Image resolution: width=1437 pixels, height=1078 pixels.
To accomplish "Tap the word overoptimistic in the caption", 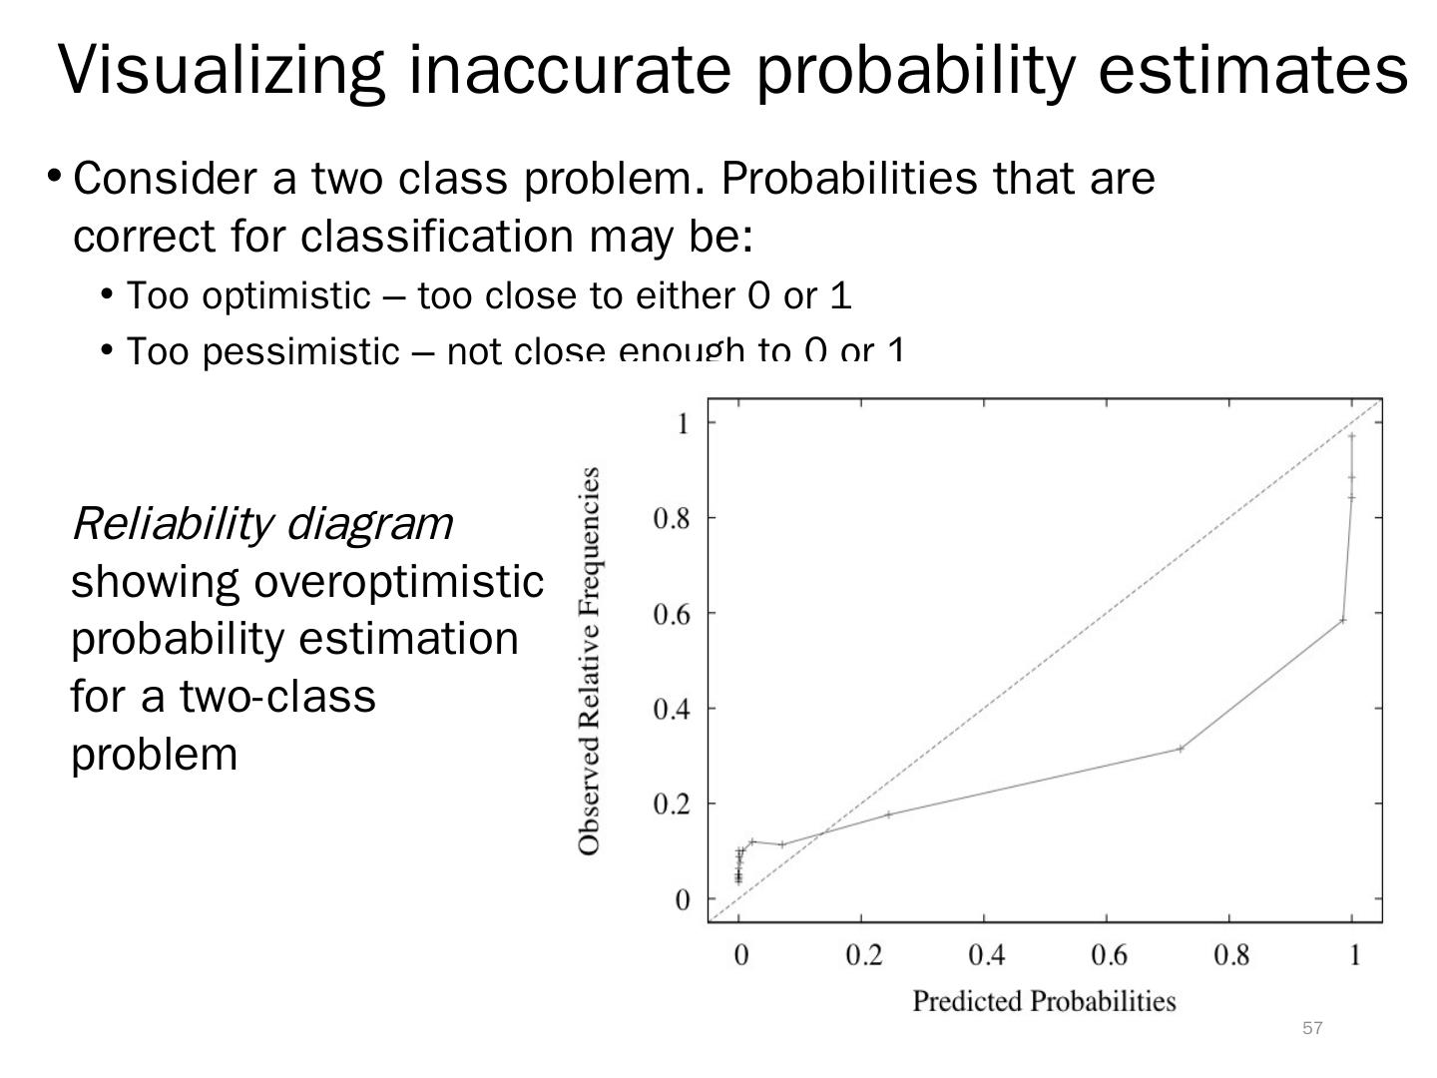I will pyautogui.click(x=398, y=581).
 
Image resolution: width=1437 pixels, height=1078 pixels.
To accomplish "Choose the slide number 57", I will pyautogui.click(x=1312, y=1028).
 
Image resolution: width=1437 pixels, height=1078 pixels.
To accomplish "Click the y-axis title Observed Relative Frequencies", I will pyautogui.click(x=590, y=660).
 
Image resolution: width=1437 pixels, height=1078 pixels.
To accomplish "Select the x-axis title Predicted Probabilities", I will pyautogui.click(x=1044, y=1000).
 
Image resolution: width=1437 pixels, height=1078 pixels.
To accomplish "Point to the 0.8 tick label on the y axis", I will pyautogui.click(x=672, y=518).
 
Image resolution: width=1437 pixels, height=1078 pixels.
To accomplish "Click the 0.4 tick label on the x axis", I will pyautogui.click(x=986, y=955).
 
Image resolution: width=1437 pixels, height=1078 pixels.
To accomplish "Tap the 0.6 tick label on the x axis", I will pyautogui.click(x=1109, y=955).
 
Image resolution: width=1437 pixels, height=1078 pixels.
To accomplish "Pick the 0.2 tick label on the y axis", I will pyautogui.click(x=672, y=804).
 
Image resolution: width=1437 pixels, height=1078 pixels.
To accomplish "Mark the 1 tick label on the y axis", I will pyautogui.click(x=683, y=423).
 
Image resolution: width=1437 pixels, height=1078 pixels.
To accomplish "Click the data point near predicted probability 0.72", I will pyautogui.click(x=1181, y=748).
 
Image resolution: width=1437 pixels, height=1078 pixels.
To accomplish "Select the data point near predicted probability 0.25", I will pyautogui.click(x=888, y=814).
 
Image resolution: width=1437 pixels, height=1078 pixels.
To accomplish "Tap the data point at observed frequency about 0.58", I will pyautogui.click(x=1343, y=620).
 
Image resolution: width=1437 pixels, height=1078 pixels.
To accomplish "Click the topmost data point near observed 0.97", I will pyautogui.click(x=1352, y=435).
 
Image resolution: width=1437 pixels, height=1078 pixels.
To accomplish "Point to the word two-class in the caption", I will pyautogui.click(x=278, y=696).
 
